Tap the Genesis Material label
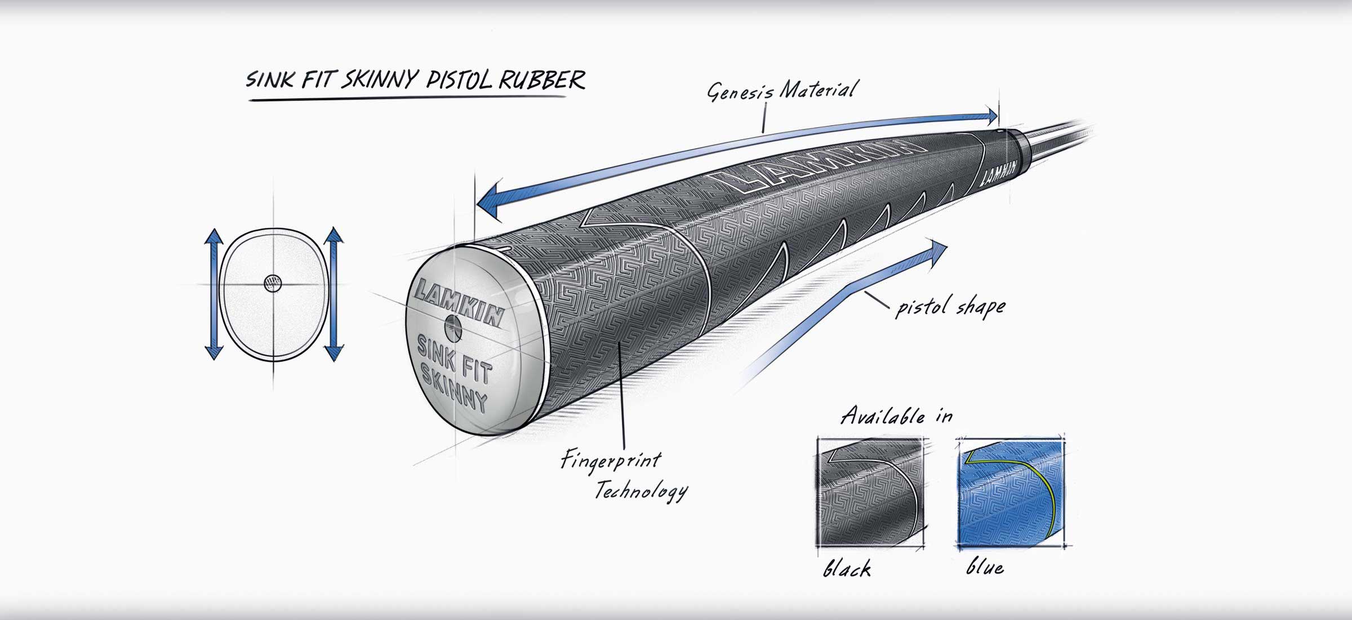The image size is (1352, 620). (782, 91)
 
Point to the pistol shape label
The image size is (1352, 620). (950, 307)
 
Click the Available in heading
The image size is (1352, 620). (896, 416)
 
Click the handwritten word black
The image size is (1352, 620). (847, 568)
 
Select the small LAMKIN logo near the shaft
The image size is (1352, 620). (998, 172)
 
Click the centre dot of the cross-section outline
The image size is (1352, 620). (273, 283)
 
